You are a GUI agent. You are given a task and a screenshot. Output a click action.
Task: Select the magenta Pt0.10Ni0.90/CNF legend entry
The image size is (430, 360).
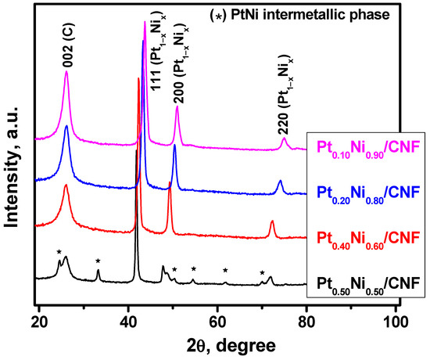pyautogui.click(x=367, y=146)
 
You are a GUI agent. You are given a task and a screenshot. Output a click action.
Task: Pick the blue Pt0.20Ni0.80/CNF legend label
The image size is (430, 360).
pyautogui.click(x=367, y=191)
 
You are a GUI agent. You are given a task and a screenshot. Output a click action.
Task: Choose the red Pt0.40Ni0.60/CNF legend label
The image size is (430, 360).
pyautogui.click(x=367, y=236)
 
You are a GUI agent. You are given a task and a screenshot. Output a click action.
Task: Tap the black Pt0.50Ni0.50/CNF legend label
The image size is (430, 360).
pyautogui.click(x=367, y=282)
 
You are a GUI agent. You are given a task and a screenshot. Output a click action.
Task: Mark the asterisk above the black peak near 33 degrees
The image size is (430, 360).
pyautogui.click(x=98, y=261)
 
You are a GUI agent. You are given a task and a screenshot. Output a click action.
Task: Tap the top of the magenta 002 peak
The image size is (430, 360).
pyautogui.click(x=66, y=72)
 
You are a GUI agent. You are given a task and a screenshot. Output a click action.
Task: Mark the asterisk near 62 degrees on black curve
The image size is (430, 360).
pyautogui.click(x=225, y=270)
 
